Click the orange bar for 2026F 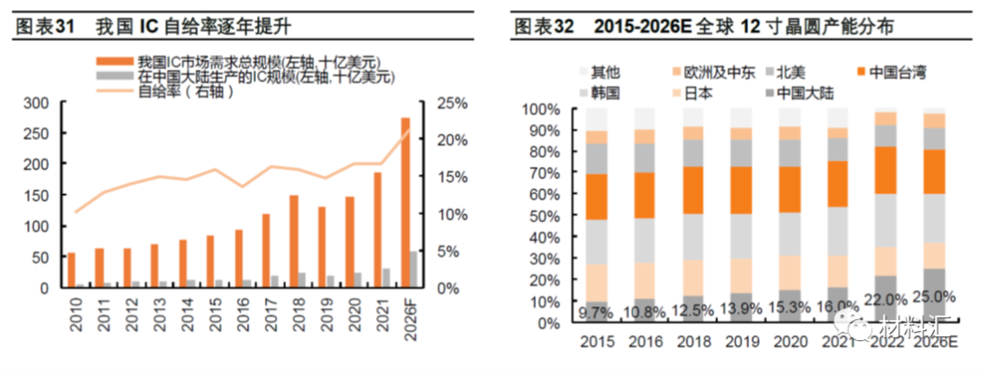[x=405, y=202]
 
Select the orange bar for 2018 [x=293, y=242]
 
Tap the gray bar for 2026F [x=415, y=269]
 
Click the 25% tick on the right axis [x=452, y=103]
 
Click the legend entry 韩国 [x=606, y=92]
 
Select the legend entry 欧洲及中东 [x=720, y=71]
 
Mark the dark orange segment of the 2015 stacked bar [x=597, y=196]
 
